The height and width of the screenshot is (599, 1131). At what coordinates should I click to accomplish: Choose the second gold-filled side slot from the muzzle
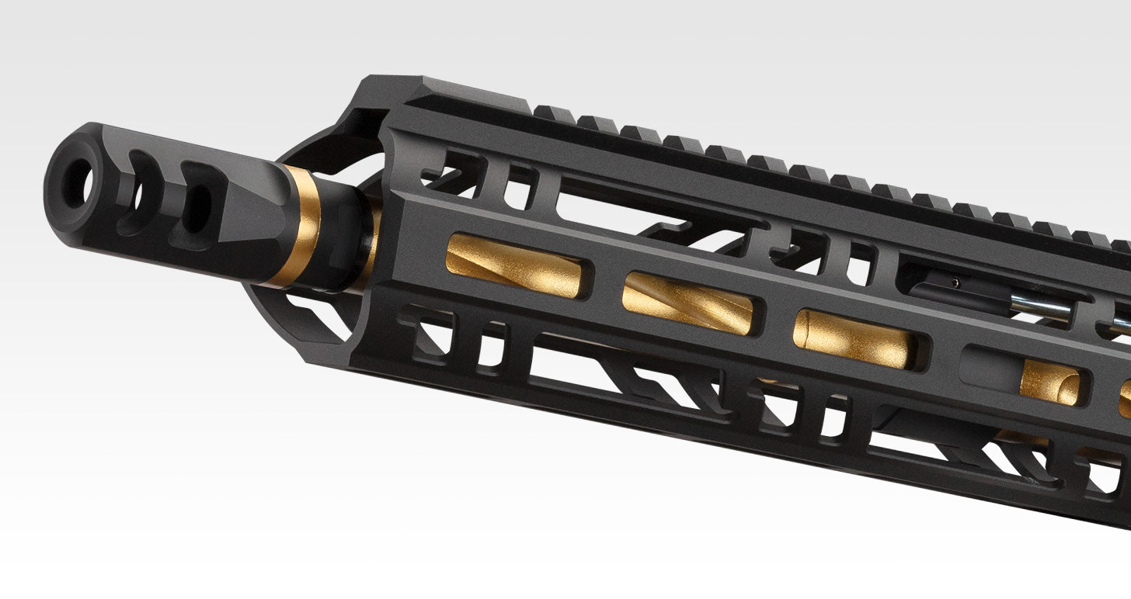pos(688,303)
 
